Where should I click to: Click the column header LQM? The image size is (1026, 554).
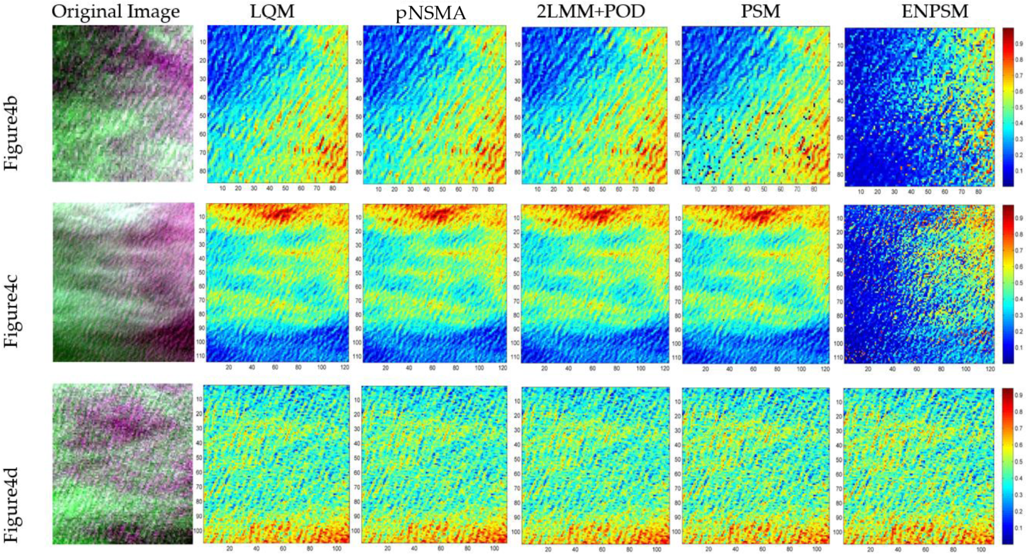click(272, 11)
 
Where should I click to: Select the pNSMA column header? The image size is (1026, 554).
click(431, 13)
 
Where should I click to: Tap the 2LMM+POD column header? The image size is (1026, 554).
click(591, 11)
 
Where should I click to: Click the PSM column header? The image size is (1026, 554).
click(760, 11)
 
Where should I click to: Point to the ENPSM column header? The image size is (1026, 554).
click(934, 11)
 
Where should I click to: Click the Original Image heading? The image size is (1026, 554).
click(116, 11)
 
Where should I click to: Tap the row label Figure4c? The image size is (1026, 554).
click(11, 312)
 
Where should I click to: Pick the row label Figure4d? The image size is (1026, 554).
click(11, 505)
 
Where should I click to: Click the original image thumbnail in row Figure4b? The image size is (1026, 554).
click(123, 104)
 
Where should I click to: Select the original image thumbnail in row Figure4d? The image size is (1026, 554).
click(123, 464)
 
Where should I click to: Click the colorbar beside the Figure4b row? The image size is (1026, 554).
click(1008, 107)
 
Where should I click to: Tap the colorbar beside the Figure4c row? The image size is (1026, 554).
click(1008, 284)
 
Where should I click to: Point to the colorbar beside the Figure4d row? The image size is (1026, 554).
click(1008, 466)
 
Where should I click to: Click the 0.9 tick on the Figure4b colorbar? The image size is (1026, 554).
click(1018, 44)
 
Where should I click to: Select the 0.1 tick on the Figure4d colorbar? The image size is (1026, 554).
click(1018, 528)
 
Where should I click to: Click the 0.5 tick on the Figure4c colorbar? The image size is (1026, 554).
click(1018, 283)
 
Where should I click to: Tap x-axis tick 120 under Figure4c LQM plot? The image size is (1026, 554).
click(344, 367)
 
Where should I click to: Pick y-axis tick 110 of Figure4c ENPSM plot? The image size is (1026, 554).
click(838, 358)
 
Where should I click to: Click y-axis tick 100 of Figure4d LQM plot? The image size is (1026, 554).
click(198, 531)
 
